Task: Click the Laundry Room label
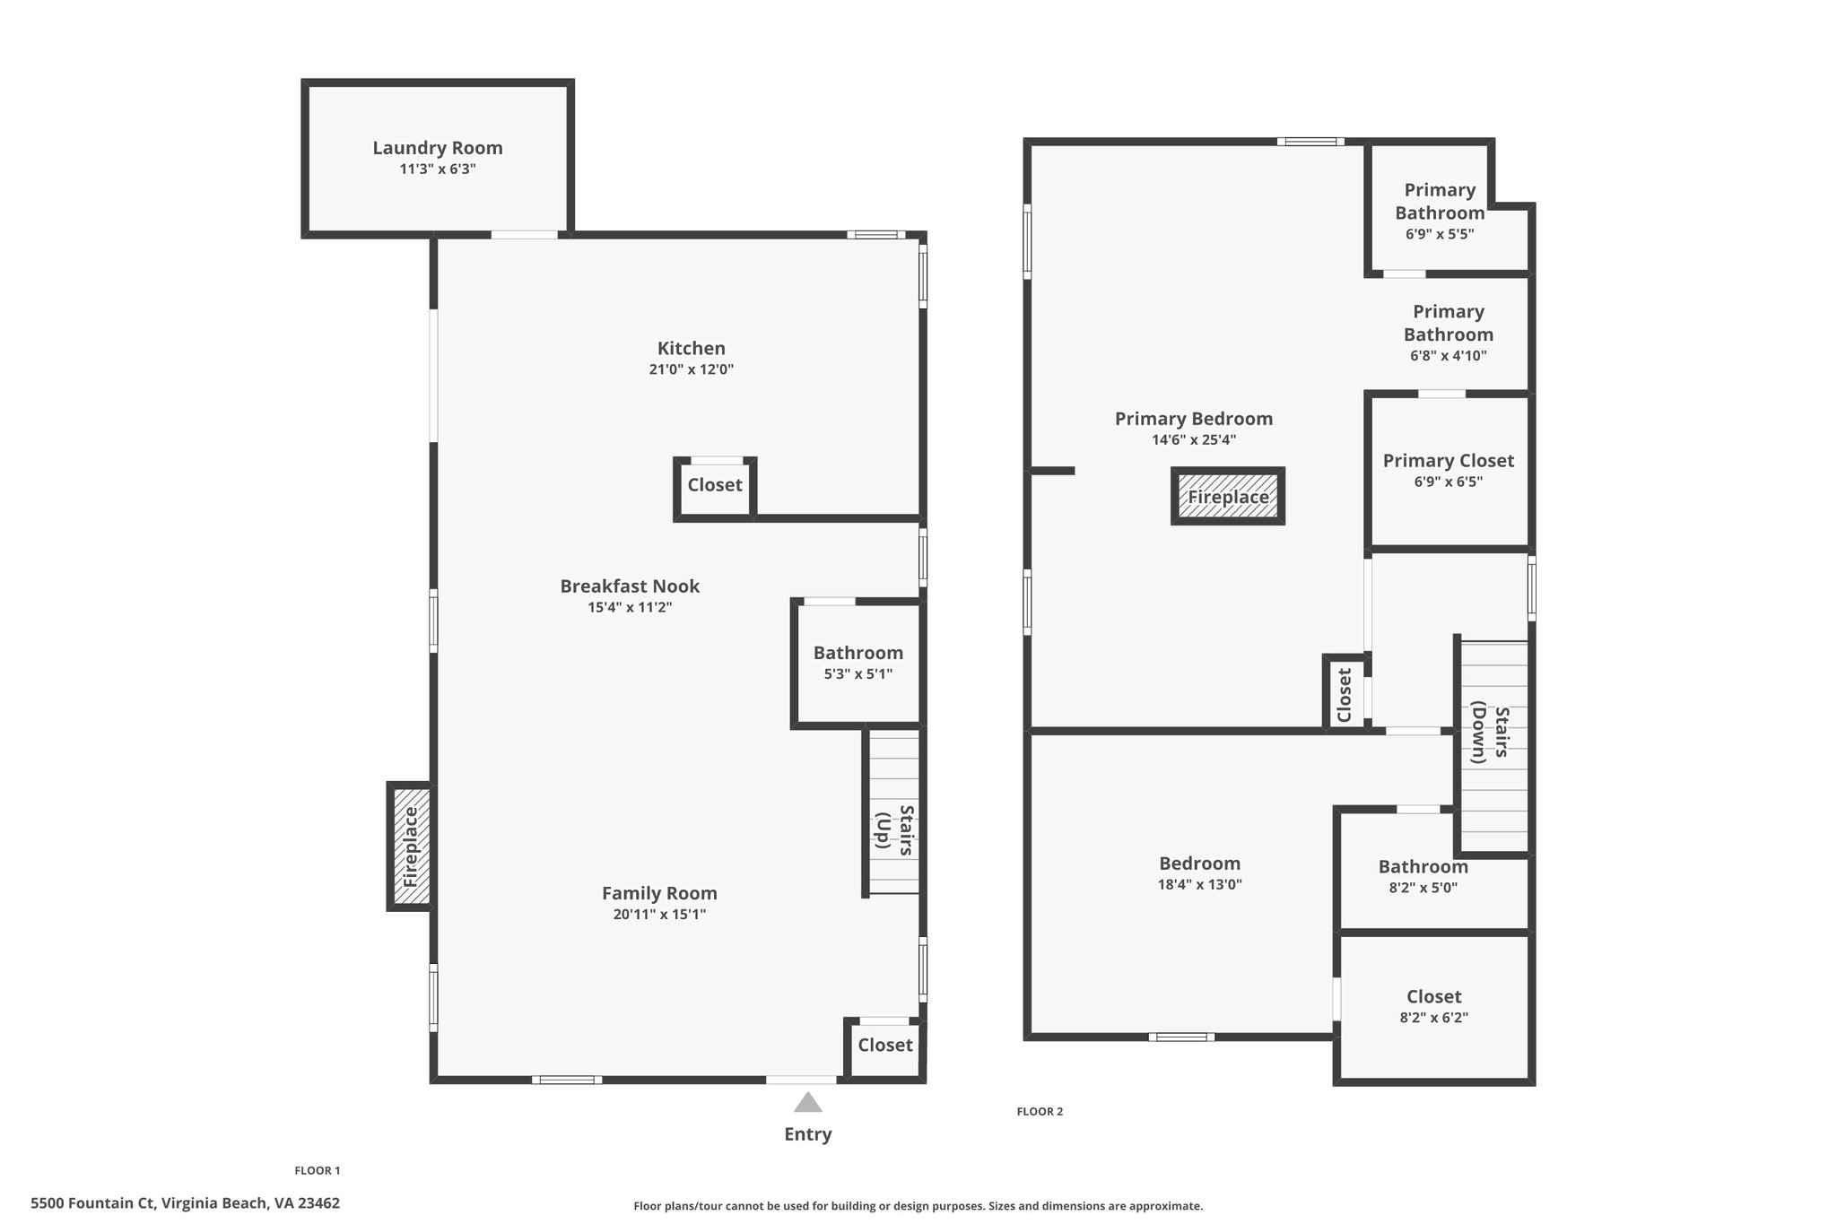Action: (438, 148)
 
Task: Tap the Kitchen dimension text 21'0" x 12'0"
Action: (692, 369)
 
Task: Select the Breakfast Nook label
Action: (630, 586)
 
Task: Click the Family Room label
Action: (659, 893)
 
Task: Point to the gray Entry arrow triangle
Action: (808, 1102)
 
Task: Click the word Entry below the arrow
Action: (808, 1134)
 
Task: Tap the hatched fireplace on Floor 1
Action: (411, 847)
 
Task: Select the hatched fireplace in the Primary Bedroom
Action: (1228, 496)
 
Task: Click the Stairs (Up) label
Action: (895, 830)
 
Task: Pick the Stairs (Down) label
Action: (1491, 734)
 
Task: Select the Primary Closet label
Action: (1449, 461)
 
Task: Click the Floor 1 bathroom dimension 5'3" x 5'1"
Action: (858, 674)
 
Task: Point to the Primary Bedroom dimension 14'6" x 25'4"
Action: (1194, 440)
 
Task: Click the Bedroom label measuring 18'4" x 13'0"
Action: (1200, 864)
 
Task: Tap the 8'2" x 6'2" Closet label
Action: (1434, 996)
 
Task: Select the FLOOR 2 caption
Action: (1040, 1112)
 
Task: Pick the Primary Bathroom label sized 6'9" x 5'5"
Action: (1440, 202)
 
